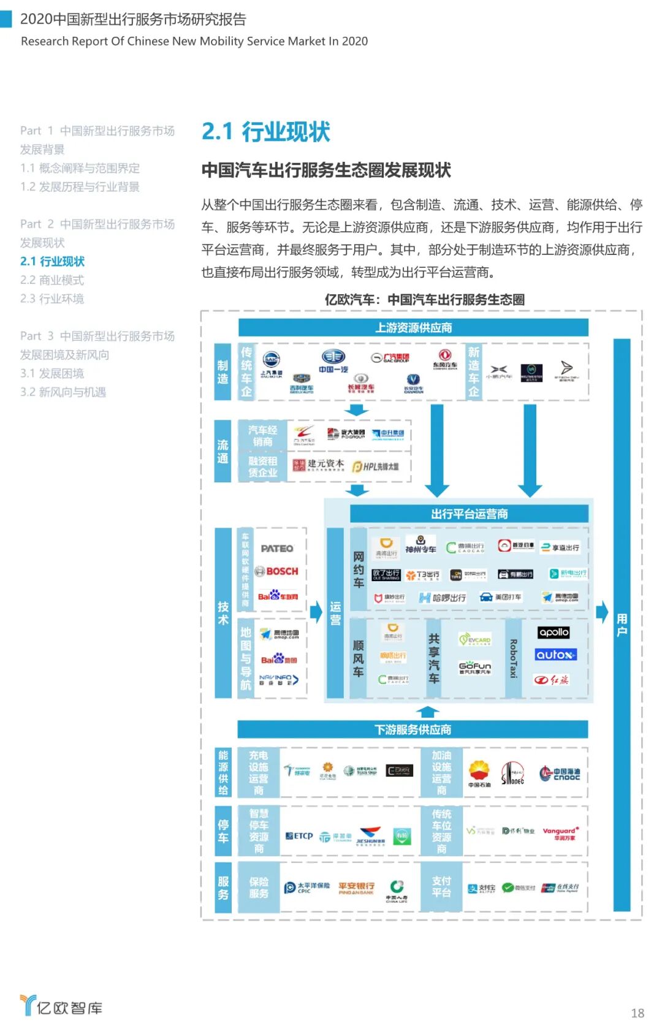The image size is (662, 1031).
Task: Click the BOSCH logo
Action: (x=277, y=571)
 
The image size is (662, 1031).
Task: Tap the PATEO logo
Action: (x=277, y=549)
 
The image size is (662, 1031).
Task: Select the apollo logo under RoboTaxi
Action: (x=554, y=633)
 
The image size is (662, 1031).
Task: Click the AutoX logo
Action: (x=555, y=655)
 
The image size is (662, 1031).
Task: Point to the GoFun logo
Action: (x=475, y=667)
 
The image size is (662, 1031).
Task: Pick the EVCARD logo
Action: (x=475, y=640)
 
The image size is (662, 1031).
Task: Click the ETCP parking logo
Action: (x=299, y=836)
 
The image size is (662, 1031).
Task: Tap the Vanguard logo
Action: (x=560, y=833)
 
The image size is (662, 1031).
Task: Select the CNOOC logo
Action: (x=560, y=774)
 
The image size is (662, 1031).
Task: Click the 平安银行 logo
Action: (x=356, y=888)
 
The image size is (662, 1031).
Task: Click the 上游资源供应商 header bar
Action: (x=413, y=328)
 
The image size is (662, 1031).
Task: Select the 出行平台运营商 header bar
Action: (x=469, y=514)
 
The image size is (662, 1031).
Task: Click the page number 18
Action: (x=637, y=1013)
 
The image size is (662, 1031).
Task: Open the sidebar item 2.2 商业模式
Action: (x=52, y=280)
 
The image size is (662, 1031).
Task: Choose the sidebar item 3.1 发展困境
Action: (x=52, y=373)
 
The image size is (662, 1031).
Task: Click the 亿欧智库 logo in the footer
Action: (x=61, y=1007)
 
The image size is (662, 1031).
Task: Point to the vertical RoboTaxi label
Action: (x=514, y=658)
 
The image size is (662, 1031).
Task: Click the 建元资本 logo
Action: (x=319, y=465)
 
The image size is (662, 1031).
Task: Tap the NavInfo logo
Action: (x=279, y=680)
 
